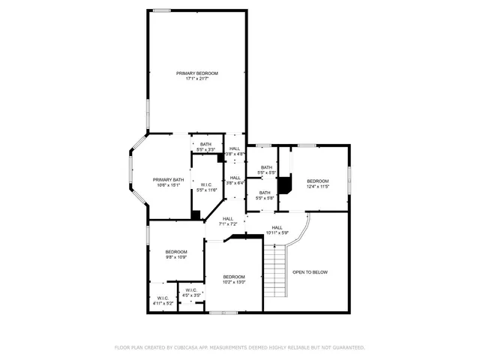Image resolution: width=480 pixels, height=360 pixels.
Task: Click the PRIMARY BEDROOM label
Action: [197, 73]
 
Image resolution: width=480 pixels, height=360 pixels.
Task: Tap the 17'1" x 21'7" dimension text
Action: [197, 79]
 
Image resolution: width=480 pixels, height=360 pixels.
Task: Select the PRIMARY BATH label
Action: [168, 179]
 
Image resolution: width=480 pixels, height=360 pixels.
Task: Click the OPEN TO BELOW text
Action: [310, 272]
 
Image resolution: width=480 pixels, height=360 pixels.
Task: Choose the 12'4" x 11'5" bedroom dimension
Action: [317, 187]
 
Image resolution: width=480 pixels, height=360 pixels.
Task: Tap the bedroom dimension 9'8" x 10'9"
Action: [176, 257]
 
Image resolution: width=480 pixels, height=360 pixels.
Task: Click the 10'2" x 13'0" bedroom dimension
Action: [233, 283]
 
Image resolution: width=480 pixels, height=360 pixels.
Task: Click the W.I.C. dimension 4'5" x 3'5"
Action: [191, 295]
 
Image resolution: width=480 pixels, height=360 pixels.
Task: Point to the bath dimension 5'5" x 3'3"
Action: [205, 150]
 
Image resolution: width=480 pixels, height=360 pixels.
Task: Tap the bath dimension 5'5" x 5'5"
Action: [266, 173]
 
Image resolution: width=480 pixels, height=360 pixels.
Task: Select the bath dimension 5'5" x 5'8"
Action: [265, 198]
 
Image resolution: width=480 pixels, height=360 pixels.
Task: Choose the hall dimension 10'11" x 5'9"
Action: [277, 232]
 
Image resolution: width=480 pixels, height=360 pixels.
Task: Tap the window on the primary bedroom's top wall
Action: [162, 10]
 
